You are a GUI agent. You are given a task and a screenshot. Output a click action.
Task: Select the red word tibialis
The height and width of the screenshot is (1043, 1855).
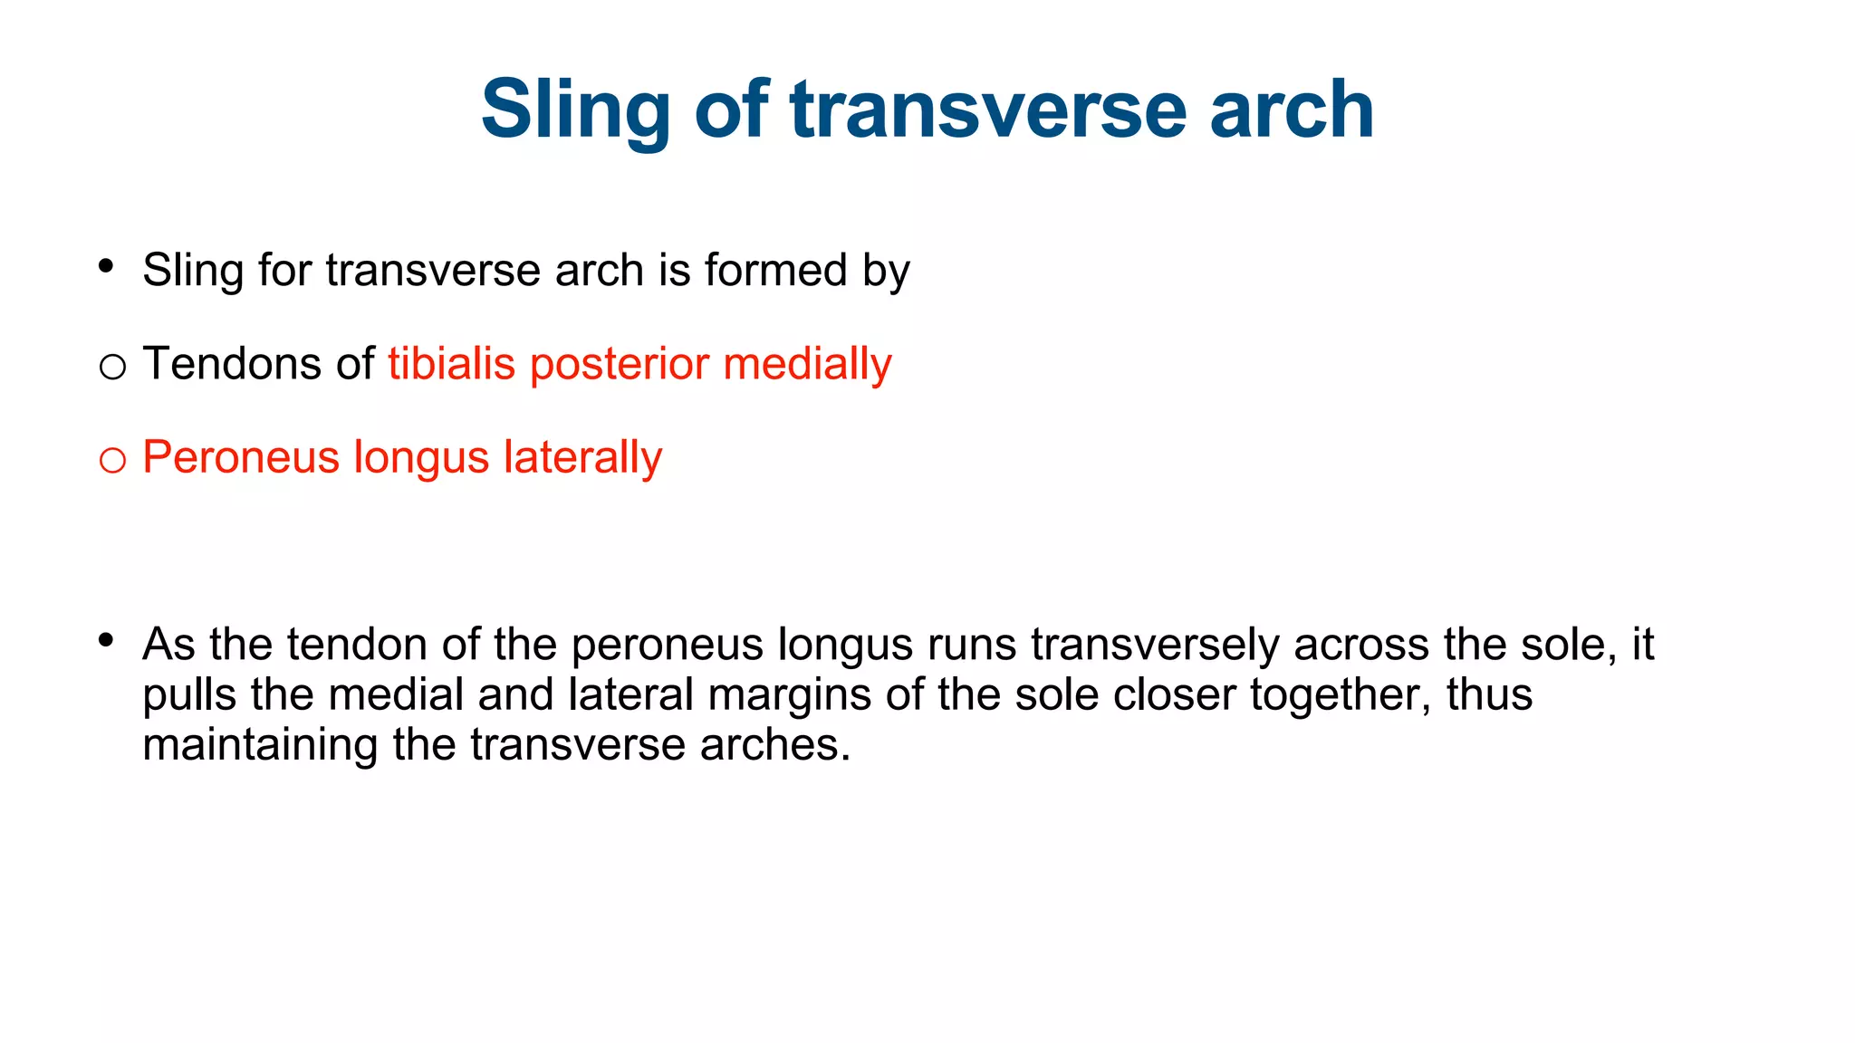point(452,363)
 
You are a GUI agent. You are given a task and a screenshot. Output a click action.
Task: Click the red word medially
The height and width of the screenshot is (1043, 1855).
point(807,364)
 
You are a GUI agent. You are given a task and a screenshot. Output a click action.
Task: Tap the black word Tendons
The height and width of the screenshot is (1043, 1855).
point(231,363)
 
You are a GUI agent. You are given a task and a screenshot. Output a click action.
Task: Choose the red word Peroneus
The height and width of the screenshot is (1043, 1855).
point(241,457)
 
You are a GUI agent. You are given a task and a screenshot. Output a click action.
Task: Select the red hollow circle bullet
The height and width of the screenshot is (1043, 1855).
point(112,461)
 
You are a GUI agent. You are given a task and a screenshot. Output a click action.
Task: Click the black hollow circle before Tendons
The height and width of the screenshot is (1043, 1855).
point(112,368)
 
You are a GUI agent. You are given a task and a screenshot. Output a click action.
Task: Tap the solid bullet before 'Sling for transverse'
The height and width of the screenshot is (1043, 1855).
point(106,266)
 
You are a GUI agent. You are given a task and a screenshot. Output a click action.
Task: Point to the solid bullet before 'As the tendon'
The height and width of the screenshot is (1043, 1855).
point(106,640)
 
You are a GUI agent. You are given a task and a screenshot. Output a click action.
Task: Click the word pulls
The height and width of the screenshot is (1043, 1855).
point(191,695)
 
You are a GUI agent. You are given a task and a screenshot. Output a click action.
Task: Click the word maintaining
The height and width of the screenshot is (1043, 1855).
point(259,744)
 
